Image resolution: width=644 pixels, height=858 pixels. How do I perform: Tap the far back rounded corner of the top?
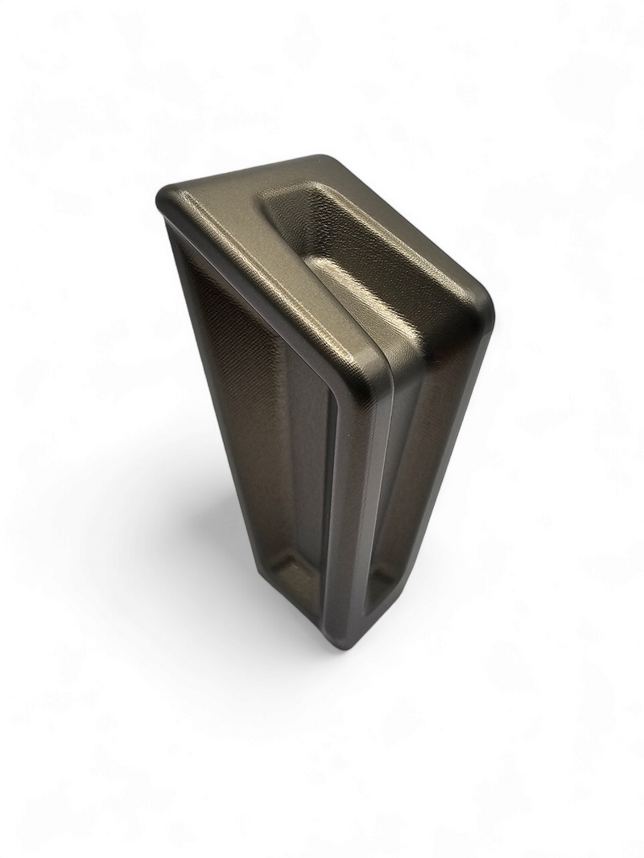point(322,160)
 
